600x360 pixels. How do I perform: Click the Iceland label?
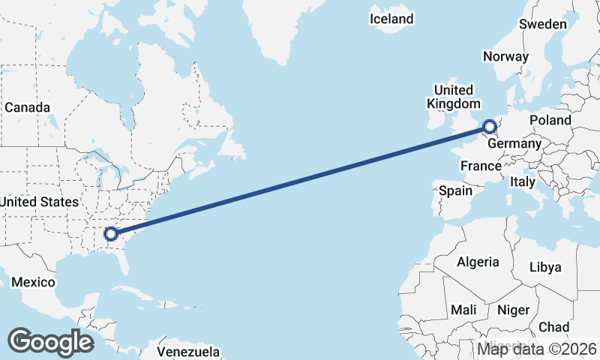tap(391, 19)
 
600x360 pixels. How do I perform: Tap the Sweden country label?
tap(542, 24)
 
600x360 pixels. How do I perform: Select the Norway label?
tap(505, 56)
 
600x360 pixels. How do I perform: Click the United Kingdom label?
tap(453, 97)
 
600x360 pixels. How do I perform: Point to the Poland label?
tap(550, 120)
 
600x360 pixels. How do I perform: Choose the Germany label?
tap(514, 143)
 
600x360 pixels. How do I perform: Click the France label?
tap(481, 166)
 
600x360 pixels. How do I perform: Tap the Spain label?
tap(455, 190)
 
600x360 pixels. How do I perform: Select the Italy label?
tap(522, 181)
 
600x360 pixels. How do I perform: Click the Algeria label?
tap(478, 262)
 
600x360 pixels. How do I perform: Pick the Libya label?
tap(544, 267)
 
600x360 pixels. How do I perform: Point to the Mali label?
tap(463, 310)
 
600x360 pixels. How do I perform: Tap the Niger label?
tap(513, 310)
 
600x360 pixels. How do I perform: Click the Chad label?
tap(553, 327)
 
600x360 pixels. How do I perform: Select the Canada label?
tap(27, 107)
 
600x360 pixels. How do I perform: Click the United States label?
tap(39, 202)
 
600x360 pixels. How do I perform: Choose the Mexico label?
tap(33, 282)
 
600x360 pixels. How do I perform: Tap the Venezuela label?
tap(188, 351)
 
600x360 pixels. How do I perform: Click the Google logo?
tap(50, 341)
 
